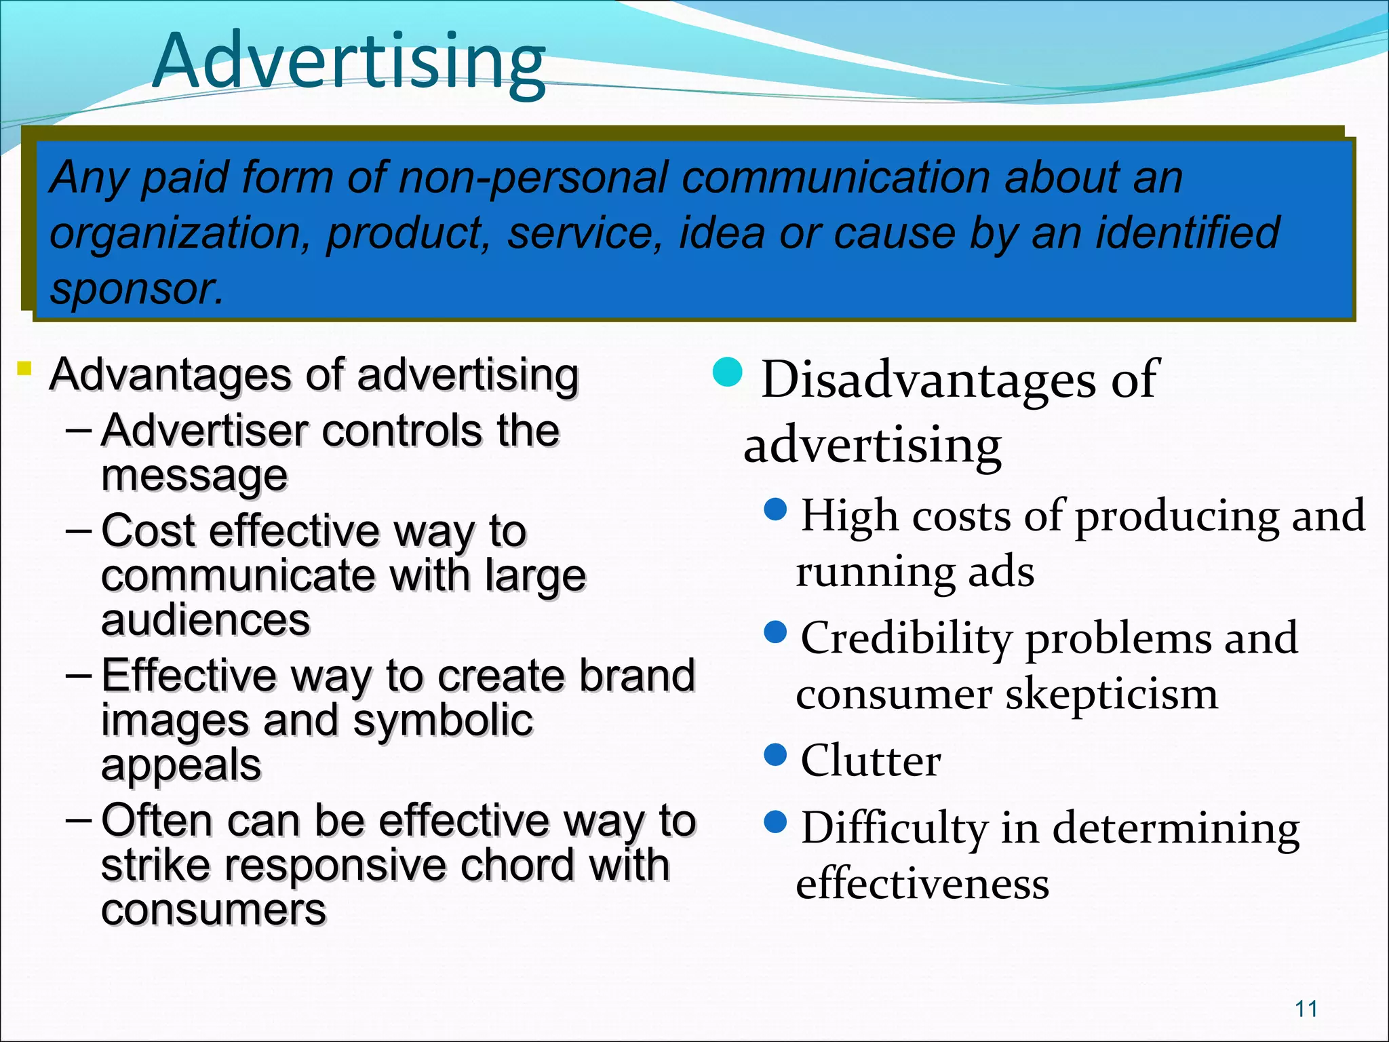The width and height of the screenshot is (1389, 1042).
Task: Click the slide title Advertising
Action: [349, 62]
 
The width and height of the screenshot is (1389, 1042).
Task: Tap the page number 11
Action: [1306, 1009]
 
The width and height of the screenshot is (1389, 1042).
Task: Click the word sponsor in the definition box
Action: [136, 289]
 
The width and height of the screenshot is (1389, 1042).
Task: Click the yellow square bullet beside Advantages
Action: [24, 369]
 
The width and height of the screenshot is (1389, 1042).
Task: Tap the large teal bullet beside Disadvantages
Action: [728, 372]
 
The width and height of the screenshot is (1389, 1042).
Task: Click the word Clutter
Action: [870, 760]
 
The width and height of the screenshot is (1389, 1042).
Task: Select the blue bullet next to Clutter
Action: [775, 754]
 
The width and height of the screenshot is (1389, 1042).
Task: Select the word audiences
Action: [206, 619]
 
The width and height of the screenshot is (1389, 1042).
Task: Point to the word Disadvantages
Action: [928, 379]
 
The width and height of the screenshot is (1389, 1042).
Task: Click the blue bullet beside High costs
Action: [775, 509]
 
